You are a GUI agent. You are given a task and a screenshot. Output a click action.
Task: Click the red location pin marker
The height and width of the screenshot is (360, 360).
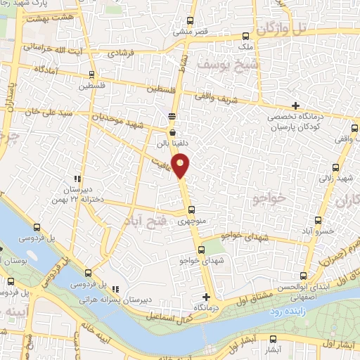(181, 166)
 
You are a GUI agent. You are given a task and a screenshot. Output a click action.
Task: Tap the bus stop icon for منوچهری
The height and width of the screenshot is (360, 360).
(191, 210)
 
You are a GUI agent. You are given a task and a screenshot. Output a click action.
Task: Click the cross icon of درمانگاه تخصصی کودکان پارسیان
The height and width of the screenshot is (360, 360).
(295, 105)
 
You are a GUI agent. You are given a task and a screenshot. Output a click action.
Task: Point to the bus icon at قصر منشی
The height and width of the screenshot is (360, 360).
(191, 20)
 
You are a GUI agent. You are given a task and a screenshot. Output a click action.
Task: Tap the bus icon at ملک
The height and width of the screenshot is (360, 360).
(245, 36)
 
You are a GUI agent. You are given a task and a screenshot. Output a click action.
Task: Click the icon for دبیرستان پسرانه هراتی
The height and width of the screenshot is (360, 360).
(115, 288)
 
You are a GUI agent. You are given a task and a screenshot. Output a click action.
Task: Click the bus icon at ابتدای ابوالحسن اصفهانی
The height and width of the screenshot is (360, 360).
(303, 276)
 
